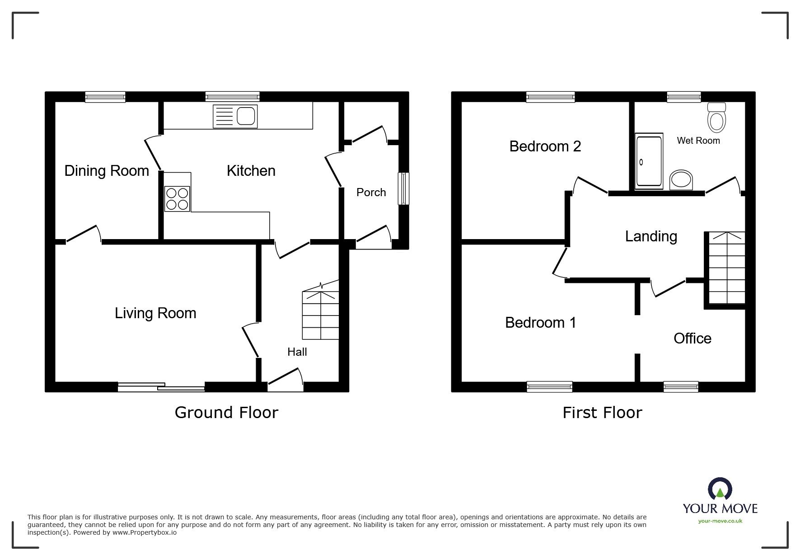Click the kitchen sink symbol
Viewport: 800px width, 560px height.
[235, 116]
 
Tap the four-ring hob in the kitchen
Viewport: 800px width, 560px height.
[177, 199]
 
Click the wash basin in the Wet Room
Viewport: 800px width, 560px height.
[681, 180]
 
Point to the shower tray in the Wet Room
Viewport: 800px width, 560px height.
[649, 161]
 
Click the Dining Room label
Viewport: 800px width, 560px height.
[107, 171]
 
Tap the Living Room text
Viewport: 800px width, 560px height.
[155, 313]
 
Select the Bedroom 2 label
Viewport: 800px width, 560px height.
[545, 146]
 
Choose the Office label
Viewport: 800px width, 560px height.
[692, 339]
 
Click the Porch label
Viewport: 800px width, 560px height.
[371, 193]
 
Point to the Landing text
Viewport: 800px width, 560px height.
[650, 236]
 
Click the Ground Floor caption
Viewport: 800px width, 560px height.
[226, 413]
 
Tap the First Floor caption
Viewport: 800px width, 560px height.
[602, 413]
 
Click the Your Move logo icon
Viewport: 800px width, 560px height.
[720, 489]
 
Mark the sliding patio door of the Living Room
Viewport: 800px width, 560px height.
[161, 387]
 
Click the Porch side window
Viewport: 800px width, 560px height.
[403, 188]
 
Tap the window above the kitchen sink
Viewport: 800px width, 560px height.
[232, 96]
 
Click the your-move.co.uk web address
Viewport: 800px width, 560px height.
[720, 521]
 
